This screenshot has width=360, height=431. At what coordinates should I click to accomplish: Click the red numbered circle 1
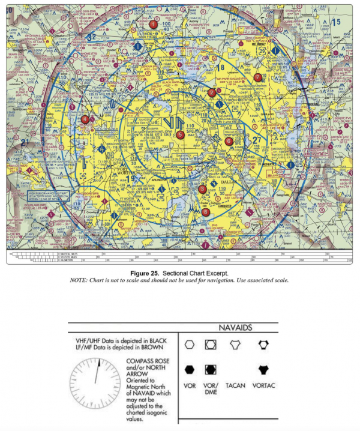(154, 24)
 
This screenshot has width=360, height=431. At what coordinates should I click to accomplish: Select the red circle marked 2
(211, 92)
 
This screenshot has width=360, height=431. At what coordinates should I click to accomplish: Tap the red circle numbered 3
(202, 189)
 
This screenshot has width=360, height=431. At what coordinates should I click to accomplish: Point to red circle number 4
(85, 119)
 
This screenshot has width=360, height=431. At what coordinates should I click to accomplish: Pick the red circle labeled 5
(180, 135)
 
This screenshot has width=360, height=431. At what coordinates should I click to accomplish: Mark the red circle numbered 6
(228, 141)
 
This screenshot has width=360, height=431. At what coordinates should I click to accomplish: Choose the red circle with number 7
(257, 77)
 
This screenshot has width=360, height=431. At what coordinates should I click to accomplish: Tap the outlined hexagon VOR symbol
(190, 345)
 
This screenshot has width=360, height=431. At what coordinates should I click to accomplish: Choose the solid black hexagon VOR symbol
(190, 369)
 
